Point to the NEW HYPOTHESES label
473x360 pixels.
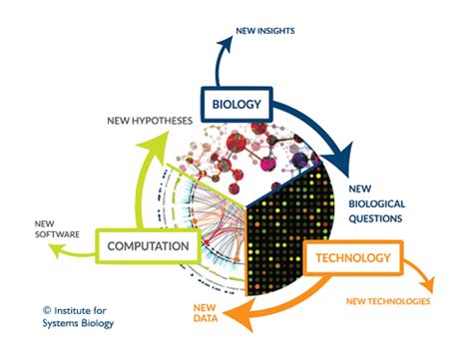(155, 120)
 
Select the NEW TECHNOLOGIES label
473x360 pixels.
(389, 300)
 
